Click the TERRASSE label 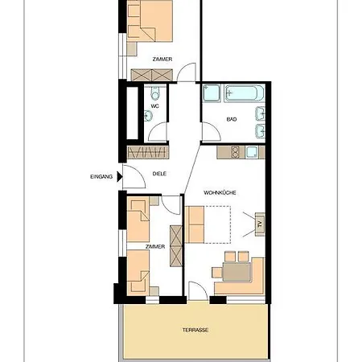[x=195, y=330]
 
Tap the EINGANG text [x=101, y=177]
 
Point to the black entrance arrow [x=120, y=177]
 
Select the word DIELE [x=159, y=174]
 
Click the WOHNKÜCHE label [x=220, y=192]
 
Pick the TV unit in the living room [x=260, y=224]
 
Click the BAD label [x=232, y=119]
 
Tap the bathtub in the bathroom [x=244, y=93]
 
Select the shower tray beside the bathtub [x=212, y=93]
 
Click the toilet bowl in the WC [x=154, y=93]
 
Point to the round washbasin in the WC [x=148, y=116]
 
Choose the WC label [x=154, y=106]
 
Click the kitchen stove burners [x=236, y=152]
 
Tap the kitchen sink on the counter [x=252, y=152]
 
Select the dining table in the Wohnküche [x=237, y=272]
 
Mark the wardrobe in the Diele [x=148, y=152]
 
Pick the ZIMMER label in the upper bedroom [x=162, y=60]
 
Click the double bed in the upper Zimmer [x=150, y=21]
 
